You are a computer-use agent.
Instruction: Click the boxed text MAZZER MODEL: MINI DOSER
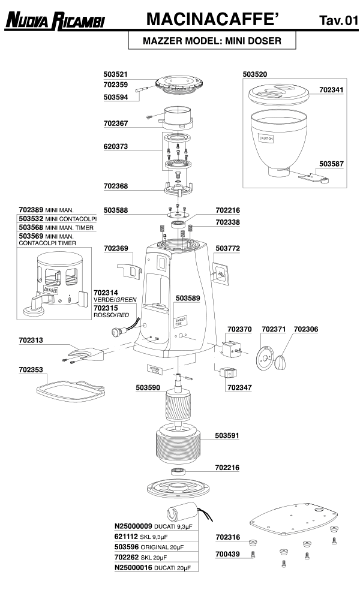pyautogui.click(x=204, y=42)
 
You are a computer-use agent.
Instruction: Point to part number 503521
pyautogui.click(x=116, y=74)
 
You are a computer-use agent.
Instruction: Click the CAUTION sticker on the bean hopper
pyautogui.click(x=265, y=139)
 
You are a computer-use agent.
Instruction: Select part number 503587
pyautogui.click(x=331, y=163)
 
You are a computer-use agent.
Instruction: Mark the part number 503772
pyautogui.click(x=227, y=247)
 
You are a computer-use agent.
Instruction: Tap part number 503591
pyautogui.click(x=227, y=436)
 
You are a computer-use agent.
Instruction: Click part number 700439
pyautogui.click(x=227, y=555)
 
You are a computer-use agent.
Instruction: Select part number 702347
pyautogui.click(x=239, y=388)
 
